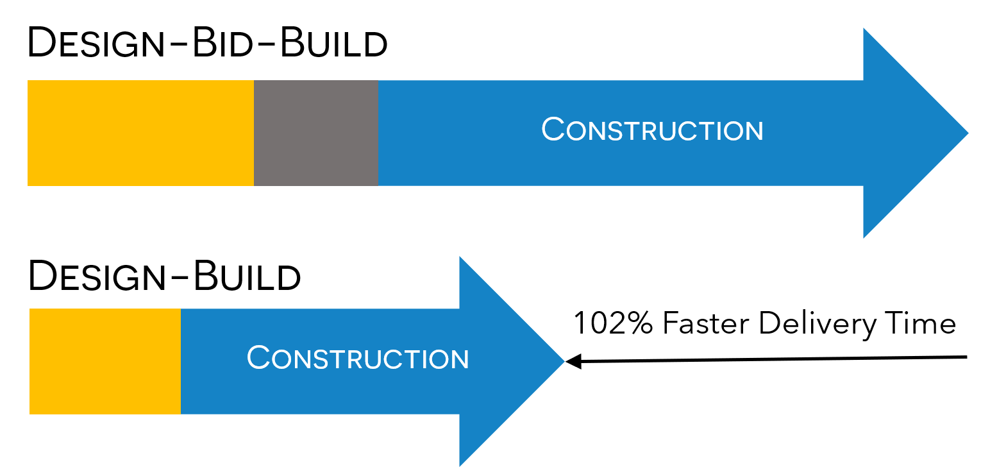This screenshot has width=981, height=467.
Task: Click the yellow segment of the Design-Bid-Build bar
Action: (140, 133)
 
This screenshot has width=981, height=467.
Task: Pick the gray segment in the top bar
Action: (315, 133)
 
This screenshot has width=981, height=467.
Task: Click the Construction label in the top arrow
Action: (652, 130)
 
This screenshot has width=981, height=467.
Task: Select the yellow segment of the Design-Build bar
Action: (105, 361)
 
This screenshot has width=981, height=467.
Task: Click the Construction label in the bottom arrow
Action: (358, 358)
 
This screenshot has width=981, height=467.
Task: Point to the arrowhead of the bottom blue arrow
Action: (507, 361)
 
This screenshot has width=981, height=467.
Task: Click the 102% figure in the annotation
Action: (612, 323)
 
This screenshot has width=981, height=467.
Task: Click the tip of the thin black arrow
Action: (568, 362)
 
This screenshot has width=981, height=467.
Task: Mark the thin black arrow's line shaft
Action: (769, 360)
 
